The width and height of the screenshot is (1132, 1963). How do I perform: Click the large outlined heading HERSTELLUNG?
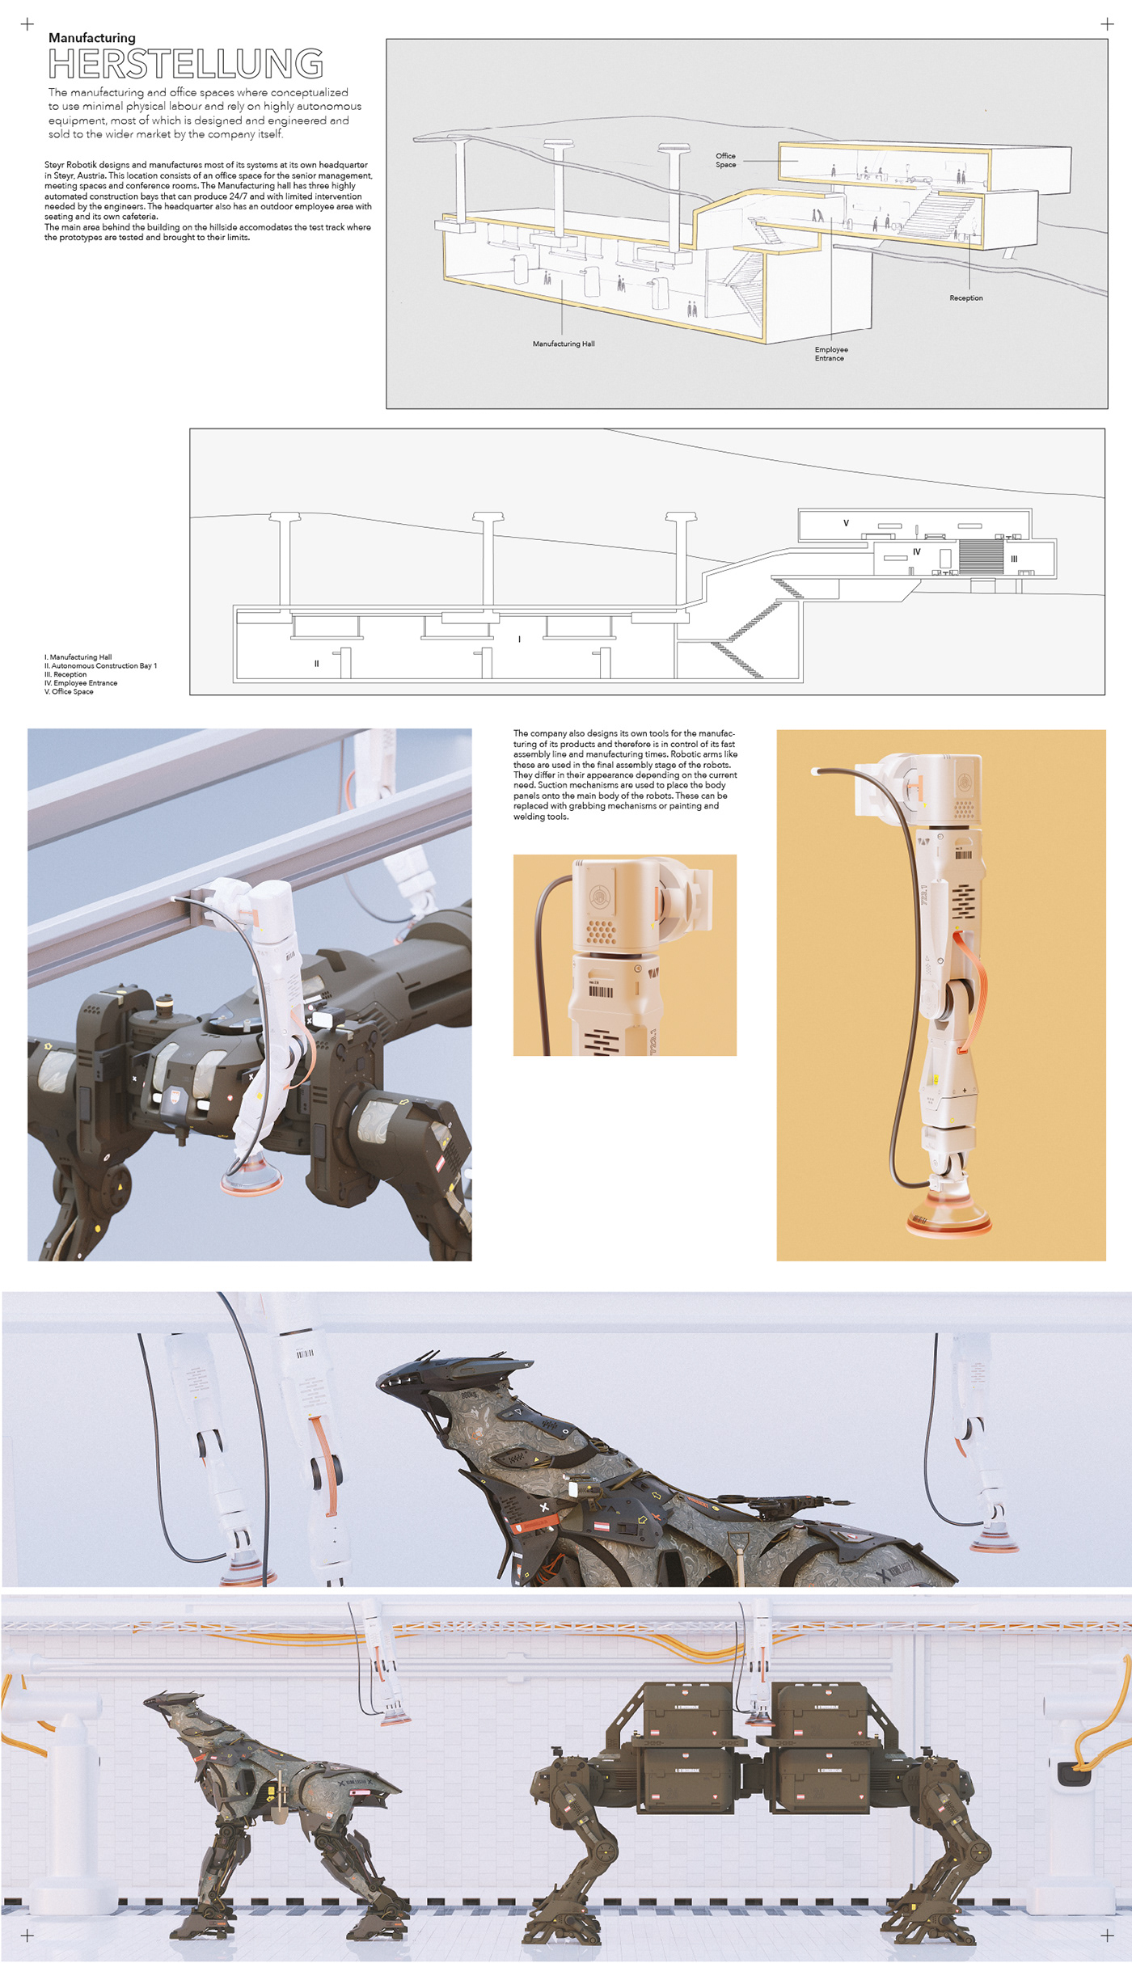pos(186,64)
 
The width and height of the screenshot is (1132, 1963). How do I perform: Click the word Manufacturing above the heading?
pos(92,38)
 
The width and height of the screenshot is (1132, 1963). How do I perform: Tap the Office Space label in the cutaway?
pos(725,160)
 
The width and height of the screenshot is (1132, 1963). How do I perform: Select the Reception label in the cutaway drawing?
pos(965,298)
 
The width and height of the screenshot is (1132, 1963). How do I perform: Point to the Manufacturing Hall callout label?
pos(563,344)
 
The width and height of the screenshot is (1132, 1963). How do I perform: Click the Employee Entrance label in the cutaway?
pos(830,354)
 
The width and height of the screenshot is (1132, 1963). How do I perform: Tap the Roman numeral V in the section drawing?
pos(846,523)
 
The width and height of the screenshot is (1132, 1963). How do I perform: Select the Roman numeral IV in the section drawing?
pos(916,552)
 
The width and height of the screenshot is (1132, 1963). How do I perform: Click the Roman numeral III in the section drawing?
pos(1013,559)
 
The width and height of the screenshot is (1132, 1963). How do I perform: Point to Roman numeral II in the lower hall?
pos(316,664)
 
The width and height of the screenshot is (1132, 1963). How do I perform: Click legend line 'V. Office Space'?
pos(69,692)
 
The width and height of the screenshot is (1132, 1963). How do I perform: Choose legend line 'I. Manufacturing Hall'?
pos(78,657)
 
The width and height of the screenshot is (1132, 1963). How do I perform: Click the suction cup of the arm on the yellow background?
pos(948,1221)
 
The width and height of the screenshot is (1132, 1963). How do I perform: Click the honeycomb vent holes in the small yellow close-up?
pos(600,932)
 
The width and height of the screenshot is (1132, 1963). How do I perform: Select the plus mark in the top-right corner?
pos(1107,24)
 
